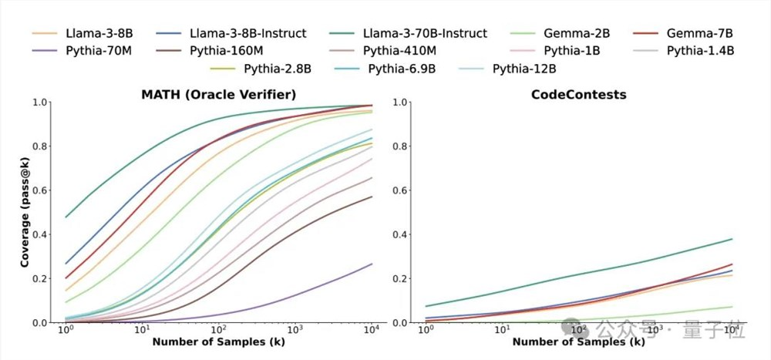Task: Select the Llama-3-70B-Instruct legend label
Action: pyautogui.click(x=425, y=33)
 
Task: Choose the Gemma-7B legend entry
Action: pyautogui.click(x=699, y=33)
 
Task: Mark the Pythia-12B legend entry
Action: pyautogui.click(x=524, y=69)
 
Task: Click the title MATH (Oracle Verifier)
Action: pyautogui.click(x=219, y=94)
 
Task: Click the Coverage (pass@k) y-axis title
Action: pyautogui.click(x=25, y=212)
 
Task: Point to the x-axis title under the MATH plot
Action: pyautogui.click(x=219, y=341)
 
